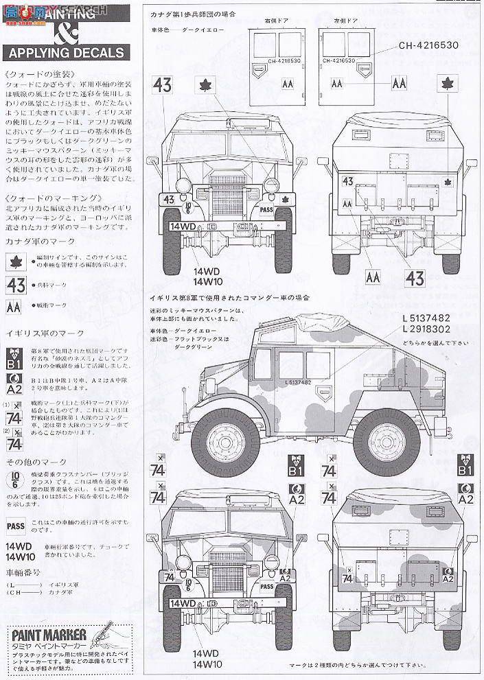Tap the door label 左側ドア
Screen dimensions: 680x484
[x=345, y=21]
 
